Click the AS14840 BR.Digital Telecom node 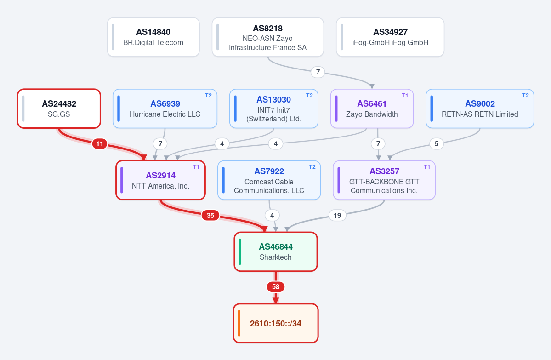(x=153, y=37)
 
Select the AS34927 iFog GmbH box (x=390, y=37)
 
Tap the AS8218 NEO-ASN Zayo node (x=268, y=37)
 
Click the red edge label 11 (x=100, y=144)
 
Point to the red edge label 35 (x=210, y=216)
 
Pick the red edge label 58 (x=276, y=287)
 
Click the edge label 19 (x=337, y=216)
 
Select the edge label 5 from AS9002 (x=437, y=144)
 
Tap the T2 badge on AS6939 (x=208, y=96)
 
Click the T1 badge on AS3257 (x=427, y=167)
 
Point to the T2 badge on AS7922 (x=312, y=167)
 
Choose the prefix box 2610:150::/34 (x=276, y=323)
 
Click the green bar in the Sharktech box (x=240, y=251)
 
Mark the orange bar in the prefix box (x=239, y=323)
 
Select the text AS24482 (x=59, y=104)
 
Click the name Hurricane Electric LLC (x=165, y=114)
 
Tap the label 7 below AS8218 (x=318, y=72)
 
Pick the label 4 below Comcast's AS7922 (x=272, y=216)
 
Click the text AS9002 (x=480, y=104)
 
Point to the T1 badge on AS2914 (x=196, y=167)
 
